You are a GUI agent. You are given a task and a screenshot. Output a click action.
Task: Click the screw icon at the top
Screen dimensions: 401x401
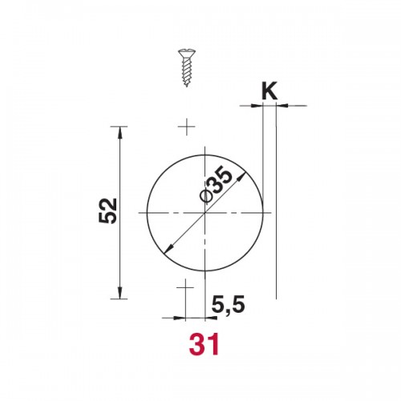click(x=187, y=68)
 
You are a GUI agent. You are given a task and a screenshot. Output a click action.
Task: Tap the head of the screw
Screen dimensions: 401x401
click(x=187, y=53)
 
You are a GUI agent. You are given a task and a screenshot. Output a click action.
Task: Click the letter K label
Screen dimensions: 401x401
click(x=269, y=91)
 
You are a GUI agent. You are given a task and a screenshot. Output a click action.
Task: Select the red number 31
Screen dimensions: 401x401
click(x=205, y=344)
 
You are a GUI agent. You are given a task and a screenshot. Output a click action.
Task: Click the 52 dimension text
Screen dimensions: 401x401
click(x=107, y=211)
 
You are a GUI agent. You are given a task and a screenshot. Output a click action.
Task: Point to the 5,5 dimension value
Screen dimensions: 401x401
click(x=229, y=305)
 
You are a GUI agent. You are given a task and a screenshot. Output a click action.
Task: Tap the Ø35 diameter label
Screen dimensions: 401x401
click(x=216, y=185)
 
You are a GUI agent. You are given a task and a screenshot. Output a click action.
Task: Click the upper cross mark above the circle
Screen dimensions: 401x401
click(x=187, y=127)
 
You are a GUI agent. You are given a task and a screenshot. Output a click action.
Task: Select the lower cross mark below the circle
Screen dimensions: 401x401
click(x=185, y=287)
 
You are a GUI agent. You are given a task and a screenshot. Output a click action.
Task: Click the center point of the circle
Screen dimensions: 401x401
click(x=205, y=213)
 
